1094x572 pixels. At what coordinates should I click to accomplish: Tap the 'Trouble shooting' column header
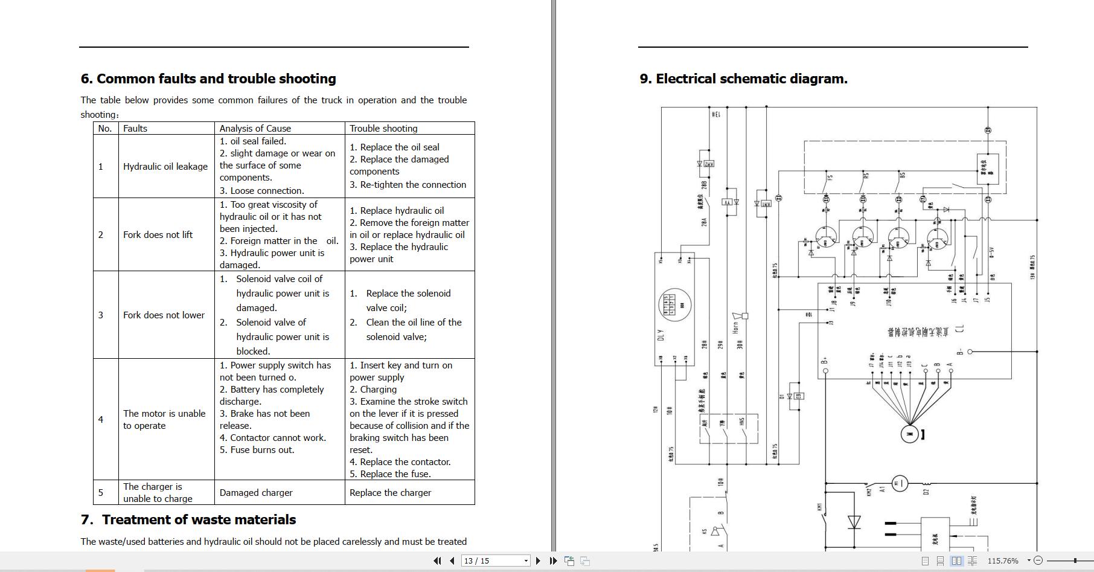pyautogui.click(x=383, y=128)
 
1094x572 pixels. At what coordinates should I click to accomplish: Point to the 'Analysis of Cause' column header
pyautogui.click(x=255, y=128)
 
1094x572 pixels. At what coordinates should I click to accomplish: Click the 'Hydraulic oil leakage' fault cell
pyautogui.click(x=165, y=167)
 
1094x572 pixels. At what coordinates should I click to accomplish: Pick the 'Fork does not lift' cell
pyautogui.click(x=158, y=234)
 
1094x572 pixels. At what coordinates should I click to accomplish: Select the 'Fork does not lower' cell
pyautogui.click(x=164, y=315)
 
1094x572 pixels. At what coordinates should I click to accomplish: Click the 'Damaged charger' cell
pyautogui.click(x=256, y=493)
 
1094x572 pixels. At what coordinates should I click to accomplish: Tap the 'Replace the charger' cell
pyautogui.click(x=390, y=493)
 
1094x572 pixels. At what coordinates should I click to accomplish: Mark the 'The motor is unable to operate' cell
pyautogui.click(x=164, y=420)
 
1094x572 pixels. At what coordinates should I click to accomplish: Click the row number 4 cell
pyautogui.click(x=101, y=420)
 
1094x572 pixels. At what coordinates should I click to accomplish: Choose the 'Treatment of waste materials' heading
pyautogui.click(x=199, y=520)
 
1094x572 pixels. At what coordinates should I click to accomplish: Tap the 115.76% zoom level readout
pyautogui.click(x=1003, y=561)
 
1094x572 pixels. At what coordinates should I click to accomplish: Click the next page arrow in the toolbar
pyautogui.click(x=538, y=561)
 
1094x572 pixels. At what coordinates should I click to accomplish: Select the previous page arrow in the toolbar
pyautogui.click(x=452, y=561)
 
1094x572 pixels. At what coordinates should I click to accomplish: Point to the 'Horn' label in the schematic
pyautogui.click(x=735, y=327)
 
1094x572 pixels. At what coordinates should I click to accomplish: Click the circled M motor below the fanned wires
pyautogui.click(x=909, y=434)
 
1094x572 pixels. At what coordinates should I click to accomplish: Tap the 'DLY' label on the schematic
pyautogui.click(x=660, y=335)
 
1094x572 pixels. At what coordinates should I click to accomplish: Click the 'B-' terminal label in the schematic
pyautogui.click(x=960, y=352)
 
